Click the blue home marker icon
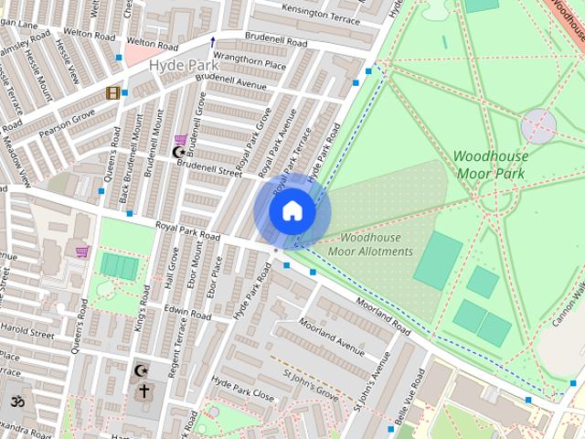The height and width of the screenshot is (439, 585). click(292, 211)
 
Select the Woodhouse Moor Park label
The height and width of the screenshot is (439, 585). click(491, 164)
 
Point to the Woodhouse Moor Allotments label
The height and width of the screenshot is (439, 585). click(370, 244)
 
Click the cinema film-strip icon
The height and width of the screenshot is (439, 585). click(113, 92)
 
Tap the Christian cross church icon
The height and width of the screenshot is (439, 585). click(144, 391)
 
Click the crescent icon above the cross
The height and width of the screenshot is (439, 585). click(140, 371)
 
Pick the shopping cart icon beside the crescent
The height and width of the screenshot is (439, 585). click(180, 139)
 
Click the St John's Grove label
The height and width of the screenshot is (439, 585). click(311, 384)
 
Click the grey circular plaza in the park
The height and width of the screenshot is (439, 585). click(537, 126)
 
